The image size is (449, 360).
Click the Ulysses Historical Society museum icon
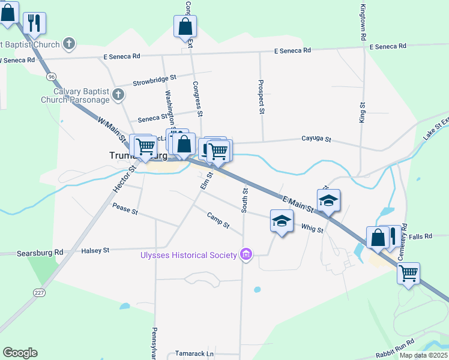(x=246, y=256)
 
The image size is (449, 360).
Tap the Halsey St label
(x=95, y=250)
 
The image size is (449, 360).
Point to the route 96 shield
(x=52, y=77)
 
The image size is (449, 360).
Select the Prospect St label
(x=261, y=97)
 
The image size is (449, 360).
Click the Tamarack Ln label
(x=194, y=354)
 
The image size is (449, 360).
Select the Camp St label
(x=218, y=220)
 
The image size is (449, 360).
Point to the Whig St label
(x=312, y=229)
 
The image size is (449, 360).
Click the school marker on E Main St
(x=328, y=200)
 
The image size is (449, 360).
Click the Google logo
(x=20, y=353)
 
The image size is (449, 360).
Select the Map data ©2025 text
(x=423, y=355)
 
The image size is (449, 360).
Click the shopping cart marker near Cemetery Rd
(x=408, y=274)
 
